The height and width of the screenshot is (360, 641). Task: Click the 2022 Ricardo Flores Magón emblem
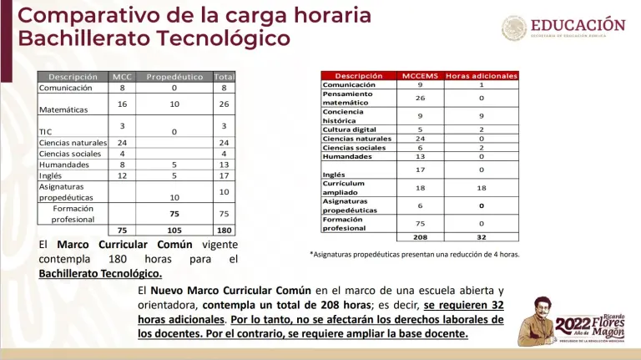[568, 321]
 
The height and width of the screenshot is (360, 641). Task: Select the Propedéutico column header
[174, 77]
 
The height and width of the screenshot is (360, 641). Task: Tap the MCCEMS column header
[419, 75]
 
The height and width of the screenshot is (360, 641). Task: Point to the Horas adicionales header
[482, 75]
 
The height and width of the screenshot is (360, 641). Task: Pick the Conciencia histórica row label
[343, 116]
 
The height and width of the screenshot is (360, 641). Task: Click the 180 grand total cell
[224, 231]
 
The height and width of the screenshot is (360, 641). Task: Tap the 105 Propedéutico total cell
[174, 231]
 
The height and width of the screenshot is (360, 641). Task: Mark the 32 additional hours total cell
[482, 236]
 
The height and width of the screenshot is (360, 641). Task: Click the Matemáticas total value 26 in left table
[224, 104]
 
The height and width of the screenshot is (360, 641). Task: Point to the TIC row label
[46, 132]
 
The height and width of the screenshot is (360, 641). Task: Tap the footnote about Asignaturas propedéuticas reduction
[414, 254]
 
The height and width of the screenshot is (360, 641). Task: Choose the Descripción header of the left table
[73, 77]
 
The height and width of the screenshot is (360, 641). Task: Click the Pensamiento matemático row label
[348, 99]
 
